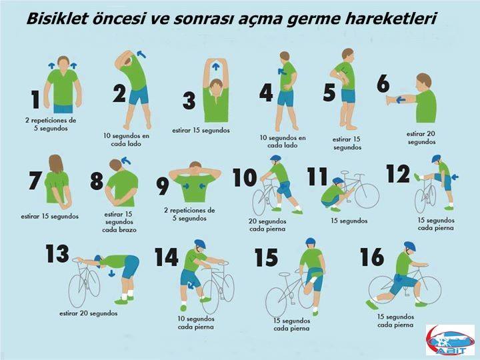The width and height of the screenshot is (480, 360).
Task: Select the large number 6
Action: click(x=383, y=83)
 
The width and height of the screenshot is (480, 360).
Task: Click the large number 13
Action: click(x=57, y=253)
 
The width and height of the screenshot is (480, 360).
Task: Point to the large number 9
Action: click(x=163, y=186)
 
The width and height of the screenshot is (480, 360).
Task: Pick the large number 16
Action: click(x=372, y=257)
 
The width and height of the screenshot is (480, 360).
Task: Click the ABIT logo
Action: click(x=450, y=340)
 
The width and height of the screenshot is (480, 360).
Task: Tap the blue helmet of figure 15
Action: click(x=311, y=241)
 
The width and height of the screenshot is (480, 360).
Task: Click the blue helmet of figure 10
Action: click(x=275, y=158)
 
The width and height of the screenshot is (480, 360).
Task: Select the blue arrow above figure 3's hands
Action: click(x=216, y=66)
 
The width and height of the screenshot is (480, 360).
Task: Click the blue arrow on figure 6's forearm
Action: click(x=401, y=100)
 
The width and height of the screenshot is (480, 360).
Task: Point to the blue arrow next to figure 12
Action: click(x=455, y=177)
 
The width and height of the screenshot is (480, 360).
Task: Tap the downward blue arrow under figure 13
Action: click(x=112, y=273)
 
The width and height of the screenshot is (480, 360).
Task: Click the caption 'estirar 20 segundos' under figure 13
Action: click(x=89, y=313)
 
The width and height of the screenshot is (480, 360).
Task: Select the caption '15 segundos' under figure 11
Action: click(x=349, y=221)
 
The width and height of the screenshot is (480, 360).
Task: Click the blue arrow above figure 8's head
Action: click(x=126, y=160)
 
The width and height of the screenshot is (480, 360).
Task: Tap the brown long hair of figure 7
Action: click(x=56, y=164)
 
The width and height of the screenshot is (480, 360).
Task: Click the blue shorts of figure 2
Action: click(x=139, y=95)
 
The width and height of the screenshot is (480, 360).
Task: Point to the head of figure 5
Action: click(x=348, y=55)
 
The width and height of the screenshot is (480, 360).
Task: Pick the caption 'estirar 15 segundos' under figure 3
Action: click(x=201, y=131)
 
